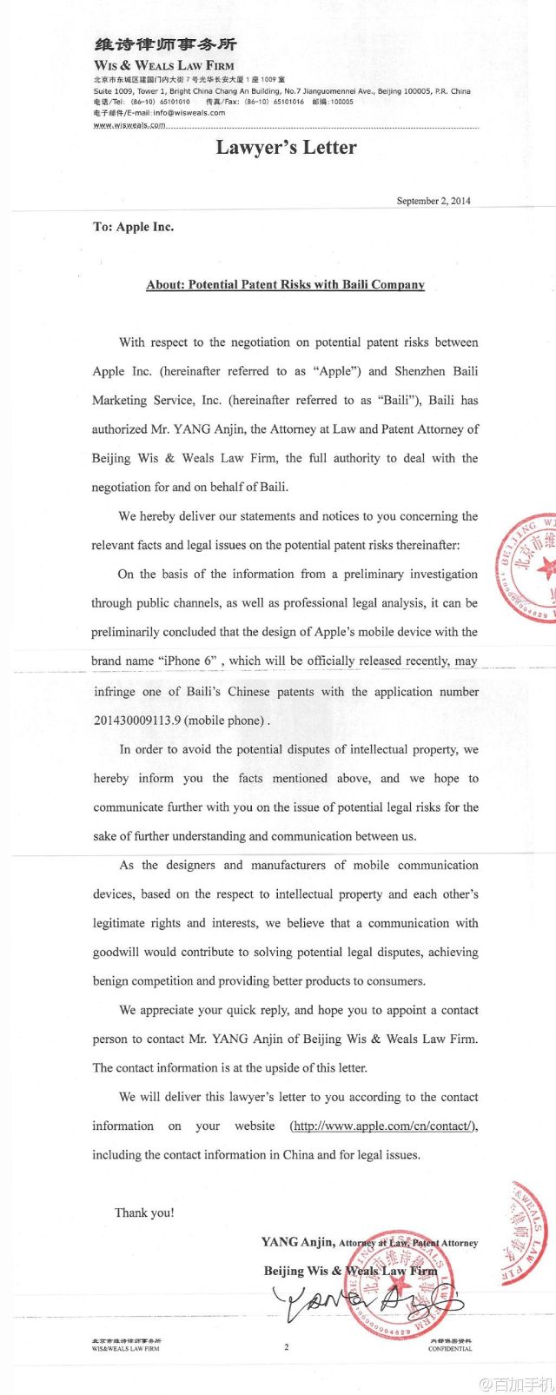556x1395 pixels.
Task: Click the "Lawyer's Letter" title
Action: [x=286, y=148]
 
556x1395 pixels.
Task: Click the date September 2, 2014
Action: [x=434, y=201]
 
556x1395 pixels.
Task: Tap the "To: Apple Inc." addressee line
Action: [x=133, y=227]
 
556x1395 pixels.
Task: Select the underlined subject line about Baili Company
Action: [x=285, y=284]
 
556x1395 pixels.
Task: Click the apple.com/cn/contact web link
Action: [x=383, y=1126]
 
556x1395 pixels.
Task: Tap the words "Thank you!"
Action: [x=144, y=1212]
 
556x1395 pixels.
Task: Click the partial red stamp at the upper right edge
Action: [x=529, y=570]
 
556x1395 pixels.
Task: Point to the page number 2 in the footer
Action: [x=286, y=1347]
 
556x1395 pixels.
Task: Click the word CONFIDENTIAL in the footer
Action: [x=450, y=1349]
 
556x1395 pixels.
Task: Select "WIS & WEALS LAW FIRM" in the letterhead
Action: [x=164, y=65]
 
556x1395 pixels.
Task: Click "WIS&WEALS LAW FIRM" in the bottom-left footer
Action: [x=126, y=1349]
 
